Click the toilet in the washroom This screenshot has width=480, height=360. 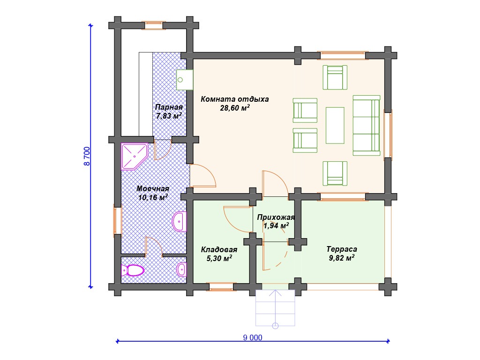coord(133,270)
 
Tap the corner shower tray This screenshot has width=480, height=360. coord(134,156)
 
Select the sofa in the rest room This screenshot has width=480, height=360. coord(367,126)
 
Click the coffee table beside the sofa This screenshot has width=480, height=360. coord(335,125)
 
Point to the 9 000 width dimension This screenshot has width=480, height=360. coord(253,337)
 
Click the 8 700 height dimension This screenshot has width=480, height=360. coord(87,156)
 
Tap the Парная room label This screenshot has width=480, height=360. coord(169,107)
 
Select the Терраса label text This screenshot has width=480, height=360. coord(342,249)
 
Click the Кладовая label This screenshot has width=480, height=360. coord(219,249)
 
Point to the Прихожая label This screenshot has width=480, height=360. coord(276,217)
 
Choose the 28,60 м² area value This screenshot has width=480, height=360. coord(235,108)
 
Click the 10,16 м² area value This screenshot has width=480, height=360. coord(153,197)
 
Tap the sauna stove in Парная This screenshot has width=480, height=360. coord(185,80)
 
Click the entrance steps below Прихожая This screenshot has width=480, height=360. coord(275,307)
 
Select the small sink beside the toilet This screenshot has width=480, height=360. coord(181,270)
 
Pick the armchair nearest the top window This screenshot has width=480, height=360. coord(335,77)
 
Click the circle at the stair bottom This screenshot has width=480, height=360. coord(275,326)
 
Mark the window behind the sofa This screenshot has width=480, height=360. coord(388,135)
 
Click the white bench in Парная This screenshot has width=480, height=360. coord(146,94)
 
